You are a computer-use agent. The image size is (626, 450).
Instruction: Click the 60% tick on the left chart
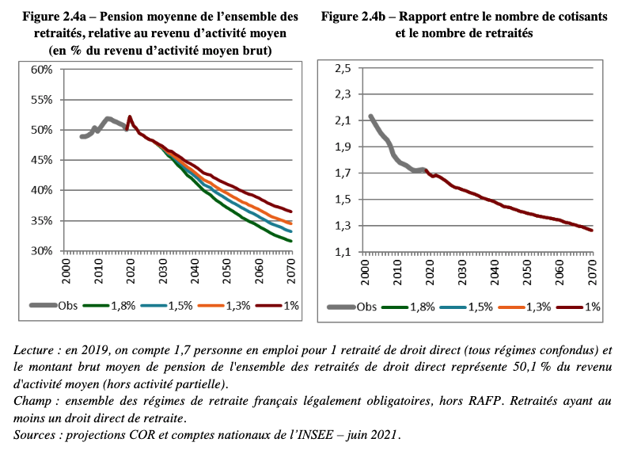click(x=41, y=70)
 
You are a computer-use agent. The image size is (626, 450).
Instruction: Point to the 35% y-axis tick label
click(x=41, y=220)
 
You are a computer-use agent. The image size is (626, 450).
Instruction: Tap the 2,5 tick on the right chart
click(x=342, y=70)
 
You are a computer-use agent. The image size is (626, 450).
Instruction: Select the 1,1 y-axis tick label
click(x=342, y=252)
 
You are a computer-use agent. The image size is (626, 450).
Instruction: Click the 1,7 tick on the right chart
click(x=342, y=174)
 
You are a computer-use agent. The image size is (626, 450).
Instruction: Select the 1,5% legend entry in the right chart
click(x=476, y=307)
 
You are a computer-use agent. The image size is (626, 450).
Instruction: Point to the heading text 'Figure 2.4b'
click(x=356, y=17)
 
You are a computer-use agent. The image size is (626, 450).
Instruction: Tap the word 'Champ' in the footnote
click(x=34, y=402)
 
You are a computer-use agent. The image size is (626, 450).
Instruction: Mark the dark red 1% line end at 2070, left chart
click(x=292, y=212)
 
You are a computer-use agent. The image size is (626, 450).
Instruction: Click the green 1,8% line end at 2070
click(x=292, y=241)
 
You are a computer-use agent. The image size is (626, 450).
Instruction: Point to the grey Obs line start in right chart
click(x=370, y=116)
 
